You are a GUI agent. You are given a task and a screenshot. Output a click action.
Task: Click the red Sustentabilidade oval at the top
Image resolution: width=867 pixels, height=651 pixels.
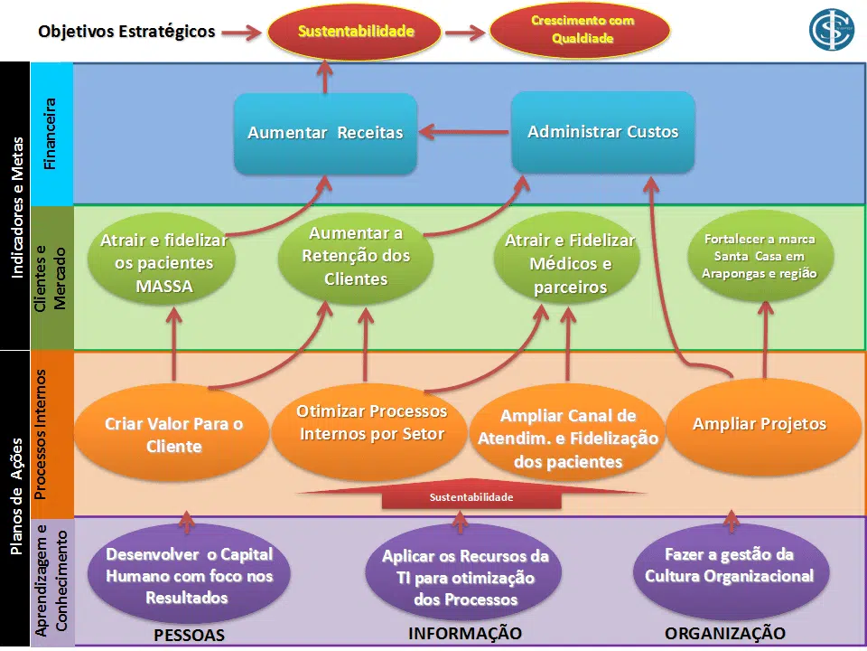pyautogui.click(x=356, y=32)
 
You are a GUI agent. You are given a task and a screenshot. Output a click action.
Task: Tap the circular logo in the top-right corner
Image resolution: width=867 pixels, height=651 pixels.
pyautogui.click(x=832, y=29)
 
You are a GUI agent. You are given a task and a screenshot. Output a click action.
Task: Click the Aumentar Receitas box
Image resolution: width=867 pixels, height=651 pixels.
pyautogui.click(x=325, y=133)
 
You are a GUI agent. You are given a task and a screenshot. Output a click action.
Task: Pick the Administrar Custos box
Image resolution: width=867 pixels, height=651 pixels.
pyautogui.click(x=602, y=132)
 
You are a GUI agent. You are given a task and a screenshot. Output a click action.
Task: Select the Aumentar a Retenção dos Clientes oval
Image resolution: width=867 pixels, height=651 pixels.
pyautogui.click(x=356, y=257)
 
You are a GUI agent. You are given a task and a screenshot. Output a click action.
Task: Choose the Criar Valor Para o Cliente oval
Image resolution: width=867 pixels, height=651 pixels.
pyautogui.click(x=173, y=435)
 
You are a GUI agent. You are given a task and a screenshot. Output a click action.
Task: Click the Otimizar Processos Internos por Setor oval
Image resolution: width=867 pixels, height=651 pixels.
pyautogui.click(x=371, y=423)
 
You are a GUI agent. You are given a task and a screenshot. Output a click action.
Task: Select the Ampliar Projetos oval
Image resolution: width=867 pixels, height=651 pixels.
pyautogui.click(x=760, y=424)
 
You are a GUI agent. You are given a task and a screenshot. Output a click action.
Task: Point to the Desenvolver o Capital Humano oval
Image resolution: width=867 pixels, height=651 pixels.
pyautogui.click(x=189, y=576)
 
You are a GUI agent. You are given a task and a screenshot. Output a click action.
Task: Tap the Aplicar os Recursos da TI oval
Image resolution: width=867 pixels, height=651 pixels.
pyautogui.click(x=465, y=578)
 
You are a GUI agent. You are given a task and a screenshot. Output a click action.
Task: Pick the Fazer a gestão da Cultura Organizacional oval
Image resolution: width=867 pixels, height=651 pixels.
pyautogui.click(x=729, y=566)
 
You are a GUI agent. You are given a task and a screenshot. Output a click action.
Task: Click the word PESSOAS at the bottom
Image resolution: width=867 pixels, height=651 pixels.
pyautogui.click(x=189, y=635)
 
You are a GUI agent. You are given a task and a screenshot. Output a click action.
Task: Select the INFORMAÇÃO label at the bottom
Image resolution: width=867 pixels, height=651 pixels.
pyautogui.click(x=465, y=633)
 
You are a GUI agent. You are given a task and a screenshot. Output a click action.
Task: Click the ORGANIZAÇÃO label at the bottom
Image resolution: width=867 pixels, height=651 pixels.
pyautogui.click(x=724, y=633)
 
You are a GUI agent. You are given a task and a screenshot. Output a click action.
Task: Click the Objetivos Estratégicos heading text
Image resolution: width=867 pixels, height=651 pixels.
pyautogui.click(x=126, y=32)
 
